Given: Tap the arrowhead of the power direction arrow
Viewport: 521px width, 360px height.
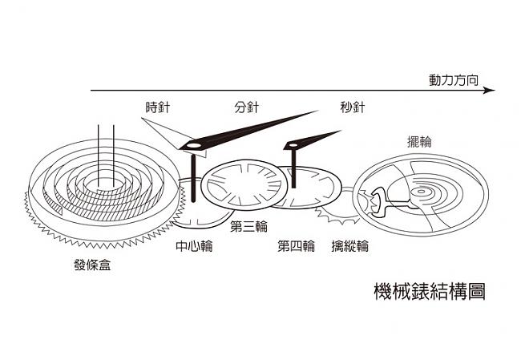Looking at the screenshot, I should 490,91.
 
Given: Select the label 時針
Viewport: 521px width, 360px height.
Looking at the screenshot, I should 157,107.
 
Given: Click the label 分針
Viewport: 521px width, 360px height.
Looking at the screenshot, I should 247,107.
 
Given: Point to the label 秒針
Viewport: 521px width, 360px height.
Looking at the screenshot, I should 353,107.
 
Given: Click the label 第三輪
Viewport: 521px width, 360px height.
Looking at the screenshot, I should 248,227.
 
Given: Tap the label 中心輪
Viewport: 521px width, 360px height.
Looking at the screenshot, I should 193,246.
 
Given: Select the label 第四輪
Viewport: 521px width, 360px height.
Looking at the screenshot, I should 297,246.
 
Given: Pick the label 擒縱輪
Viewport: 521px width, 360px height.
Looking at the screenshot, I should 350,246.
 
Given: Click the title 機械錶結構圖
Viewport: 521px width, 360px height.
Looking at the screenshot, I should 430,290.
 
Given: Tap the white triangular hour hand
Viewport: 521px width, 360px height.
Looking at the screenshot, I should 164,131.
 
